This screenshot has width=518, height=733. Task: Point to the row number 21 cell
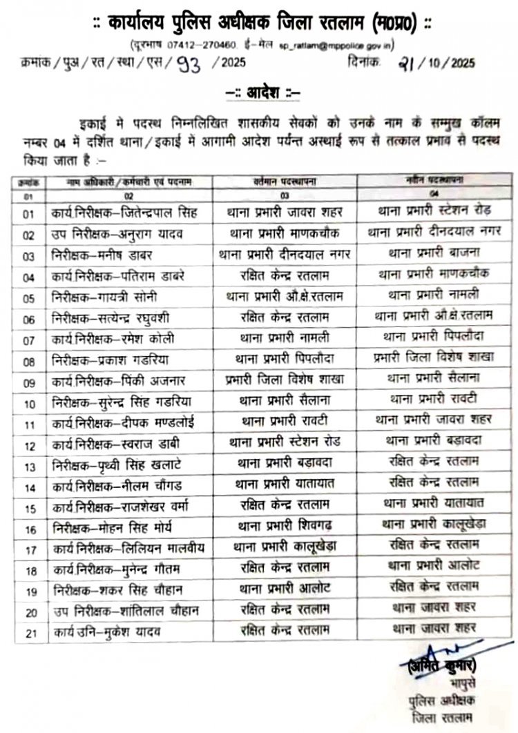coord(30,630)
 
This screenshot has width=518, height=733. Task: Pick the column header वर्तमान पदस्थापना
coord(285,182)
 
